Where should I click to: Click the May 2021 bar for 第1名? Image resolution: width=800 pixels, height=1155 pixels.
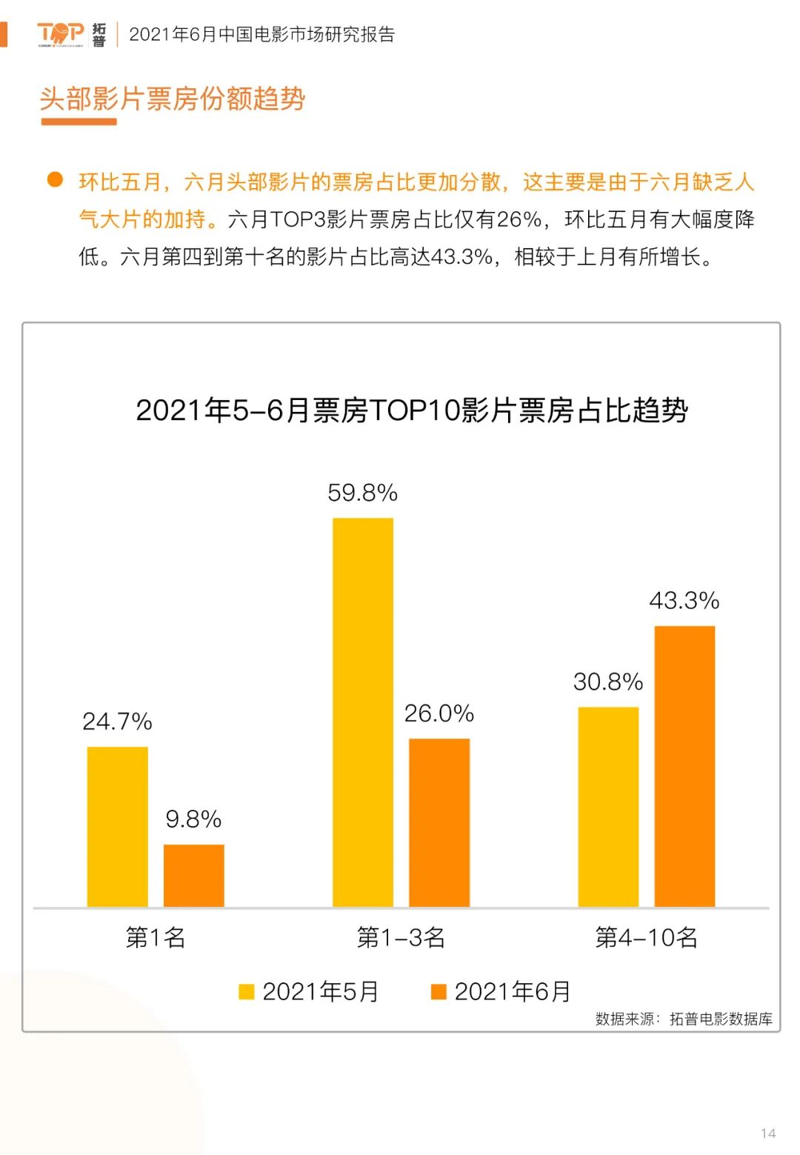[x=117, y=826]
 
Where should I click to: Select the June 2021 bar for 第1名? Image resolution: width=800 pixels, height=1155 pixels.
[x=193, y=875]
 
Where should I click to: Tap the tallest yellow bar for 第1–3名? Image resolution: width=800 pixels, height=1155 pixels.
[x=363, y=712]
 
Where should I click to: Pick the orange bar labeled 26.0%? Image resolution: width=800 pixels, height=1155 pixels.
[x=439, y=822]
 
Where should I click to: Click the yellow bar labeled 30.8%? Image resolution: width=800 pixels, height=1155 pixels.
[x=608, y=807]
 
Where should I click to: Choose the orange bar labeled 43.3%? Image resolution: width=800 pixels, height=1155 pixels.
[x=684, y=766]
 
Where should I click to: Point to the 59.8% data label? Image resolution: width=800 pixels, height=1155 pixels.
[x=363, y=493]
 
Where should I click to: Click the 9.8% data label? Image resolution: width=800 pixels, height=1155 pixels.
[x=193, y=819]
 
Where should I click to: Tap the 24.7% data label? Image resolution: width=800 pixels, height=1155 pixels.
[x=117, y=721]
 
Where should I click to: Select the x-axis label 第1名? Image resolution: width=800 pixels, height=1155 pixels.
[x=156, y=937]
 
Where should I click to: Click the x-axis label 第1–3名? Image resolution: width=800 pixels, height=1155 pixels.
[x=401, y=937]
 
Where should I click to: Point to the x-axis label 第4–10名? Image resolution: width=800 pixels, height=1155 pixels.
[x=646, y=937]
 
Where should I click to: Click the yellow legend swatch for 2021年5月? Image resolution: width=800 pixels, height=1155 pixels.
[x=247, y=991]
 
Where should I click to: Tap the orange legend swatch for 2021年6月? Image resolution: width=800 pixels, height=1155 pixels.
[x=439, y=991]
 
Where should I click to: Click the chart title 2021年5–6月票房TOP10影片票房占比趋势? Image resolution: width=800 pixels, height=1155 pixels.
[x=412, y=410]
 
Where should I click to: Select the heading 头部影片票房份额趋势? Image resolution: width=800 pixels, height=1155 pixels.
[x=173, y=99]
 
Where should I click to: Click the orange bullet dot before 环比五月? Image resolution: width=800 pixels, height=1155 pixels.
[x=55, y=179]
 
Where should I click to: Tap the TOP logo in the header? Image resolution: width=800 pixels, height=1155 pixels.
[x=61, y=33]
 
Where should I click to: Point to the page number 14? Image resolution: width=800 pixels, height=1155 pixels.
[x=768, y=1134]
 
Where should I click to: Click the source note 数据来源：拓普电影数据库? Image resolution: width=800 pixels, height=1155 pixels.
[x=684, y=1019]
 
